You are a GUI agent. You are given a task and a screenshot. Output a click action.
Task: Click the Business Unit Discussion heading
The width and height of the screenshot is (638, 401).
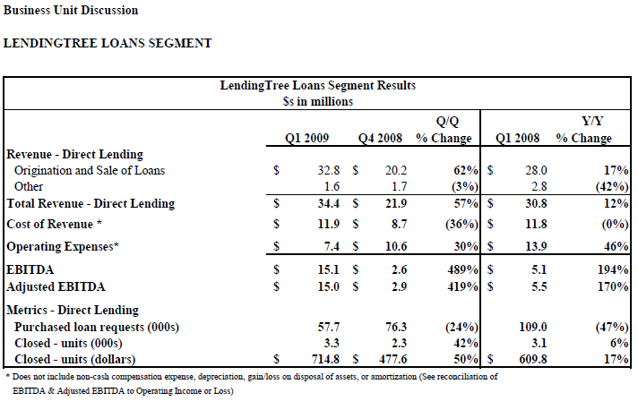[71, 10]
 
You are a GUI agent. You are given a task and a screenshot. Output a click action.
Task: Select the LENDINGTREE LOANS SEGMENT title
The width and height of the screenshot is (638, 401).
[108, 43]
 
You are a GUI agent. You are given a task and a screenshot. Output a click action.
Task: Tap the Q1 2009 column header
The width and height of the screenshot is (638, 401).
[306, 138]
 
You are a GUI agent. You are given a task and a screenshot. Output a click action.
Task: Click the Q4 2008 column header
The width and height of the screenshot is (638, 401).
[380, 138]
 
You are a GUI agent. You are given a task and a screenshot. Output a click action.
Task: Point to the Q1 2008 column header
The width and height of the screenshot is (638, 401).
[518, 138]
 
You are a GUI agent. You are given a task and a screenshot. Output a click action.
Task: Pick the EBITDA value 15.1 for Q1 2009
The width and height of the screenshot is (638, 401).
[328, 269]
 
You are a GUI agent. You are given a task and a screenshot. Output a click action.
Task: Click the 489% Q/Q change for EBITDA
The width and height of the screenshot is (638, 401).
[462, 269]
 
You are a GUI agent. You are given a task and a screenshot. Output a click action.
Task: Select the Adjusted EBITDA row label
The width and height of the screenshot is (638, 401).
[56, 286]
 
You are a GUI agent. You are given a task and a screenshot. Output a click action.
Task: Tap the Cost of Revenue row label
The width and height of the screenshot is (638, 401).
[54, 225]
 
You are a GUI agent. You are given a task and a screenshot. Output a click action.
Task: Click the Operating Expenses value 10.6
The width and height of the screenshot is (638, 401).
[396, 247]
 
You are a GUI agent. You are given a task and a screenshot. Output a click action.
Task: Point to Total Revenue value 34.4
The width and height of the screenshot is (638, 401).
[328, 203]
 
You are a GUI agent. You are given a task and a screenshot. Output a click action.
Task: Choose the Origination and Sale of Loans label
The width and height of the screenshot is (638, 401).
[90, 170]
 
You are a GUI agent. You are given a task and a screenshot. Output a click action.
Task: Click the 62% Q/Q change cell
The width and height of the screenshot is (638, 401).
[466, 170]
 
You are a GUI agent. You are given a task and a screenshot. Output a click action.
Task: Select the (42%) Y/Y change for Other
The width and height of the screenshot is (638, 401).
[612, 186]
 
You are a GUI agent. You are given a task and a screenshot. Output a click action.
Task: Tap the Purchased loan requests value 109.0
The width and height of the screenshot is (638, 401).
[533, 327]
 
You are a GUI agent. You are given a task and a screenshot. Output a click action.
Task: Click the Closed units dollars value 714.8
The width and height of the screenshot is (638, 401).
[325, 359]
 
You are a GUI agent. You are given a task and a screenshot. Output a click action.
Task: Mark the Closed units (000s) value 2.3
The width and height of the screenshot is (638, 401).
[399, 344]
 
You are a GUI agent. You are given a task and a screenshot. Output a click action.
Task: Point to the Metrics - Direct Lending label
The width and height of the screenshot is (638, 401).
[73, 310]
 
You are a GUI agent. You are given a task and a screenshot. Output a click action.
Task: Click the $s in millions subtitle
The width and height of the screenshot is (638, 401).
[318, 101]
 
